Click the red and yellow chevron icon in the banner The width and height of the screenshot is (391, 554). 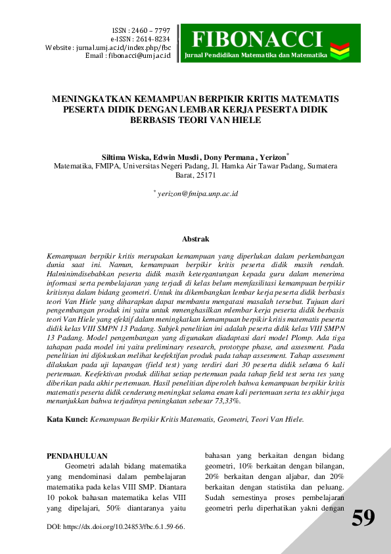pos(340,48)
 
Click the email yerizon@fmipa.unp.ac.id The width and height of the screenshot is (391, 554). pos(197,194)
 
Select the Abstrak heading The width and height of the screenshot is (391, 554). pos(195,239)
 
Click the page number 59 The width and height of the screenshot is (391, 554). pos(363,518)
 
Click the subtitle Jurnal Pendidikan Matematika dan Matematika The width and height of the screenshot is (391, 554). pos(256,55)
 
